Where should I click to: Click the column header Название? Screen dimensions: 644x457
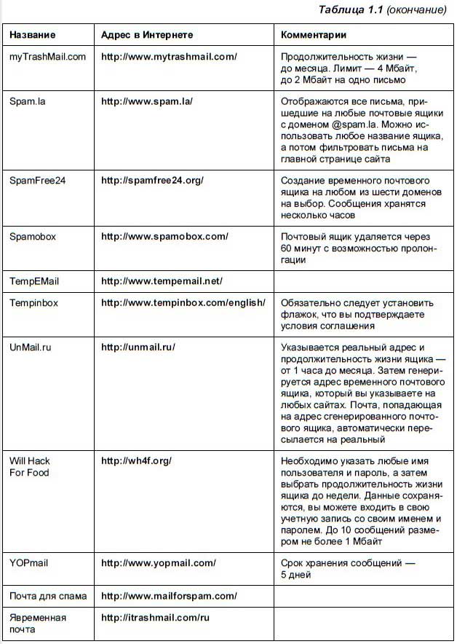pyautogui.click(x=32, y=35)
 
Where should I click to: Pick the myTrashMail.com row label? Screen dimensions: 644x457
pyautogui.click(x=47, y=56)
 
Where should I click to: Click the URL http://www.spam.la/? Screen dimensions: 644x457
pyautogui.click(x=146, y=100)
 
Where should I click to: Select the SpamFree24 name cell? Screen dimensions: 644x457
pyautogui.click(x=37, y=180)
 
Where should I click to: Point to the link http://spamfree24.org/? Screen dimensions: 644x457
pyautogui.click(x=152, y=180)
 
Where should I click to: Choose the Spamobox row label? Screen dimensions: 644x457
pyautogui.click(x=35, y=237)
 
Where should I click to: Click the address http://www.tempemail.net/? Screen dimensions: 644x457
pyautogui.click(x=162, y=280)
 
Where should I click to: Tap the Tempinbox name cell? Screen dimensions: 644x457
pyautogui.click(x=35, y=302)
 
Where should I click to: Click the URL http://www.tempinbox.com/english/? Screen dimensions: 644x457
pyautogui.click(x=183, y=302)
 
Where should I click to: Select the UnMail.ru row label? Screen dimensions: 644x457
pyautogui.click(x=31, y=347)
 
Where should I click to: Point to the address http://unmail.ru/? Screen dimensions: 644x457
pyautogui.click(x=138, y=347)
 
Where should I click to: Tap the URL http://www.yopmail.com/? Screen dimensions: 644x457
pyautogui.click(x=159, y=563)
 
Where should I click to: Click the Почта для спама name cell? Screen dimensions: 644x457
pyautogui.click(x=48, y=596)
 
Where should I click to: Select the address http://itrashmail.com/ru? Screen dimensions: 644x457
pyautogui.click(x=155, y=617)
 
